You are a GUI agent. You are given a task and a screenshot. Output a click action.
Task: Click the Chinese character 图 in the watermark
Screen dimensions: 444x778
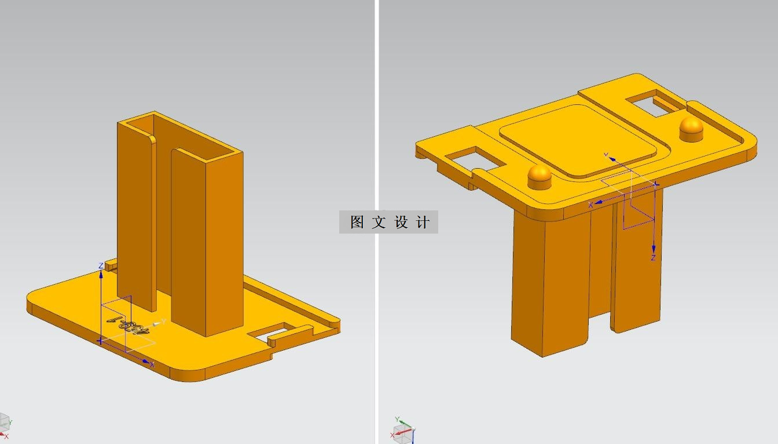357,222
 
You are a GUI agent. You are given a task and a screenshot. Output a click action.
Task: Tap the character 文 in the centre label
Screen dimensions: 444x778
379,222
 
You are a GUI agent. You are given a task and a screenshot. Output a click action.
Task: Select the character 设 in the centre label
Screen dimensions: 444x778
401,222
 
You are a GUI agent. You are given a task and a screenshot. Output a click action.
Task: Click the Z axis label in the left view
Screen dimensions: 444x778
101,266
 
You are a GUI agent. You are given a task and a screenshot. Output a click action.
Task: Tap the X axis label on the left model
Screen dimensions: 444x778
152,365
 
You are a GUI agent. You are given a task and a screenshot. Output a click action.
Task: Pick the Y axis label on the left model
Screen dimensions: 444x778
164,321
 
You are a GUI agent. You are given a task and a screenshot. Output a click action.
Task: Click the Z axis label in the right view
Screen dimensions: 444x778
653,258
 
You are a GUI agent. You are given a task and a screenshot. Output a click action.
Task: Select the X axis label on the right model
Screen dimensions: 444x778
590,205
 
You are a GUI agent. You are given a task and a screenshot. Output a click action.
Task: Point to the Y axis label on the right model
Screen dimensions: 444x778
606,155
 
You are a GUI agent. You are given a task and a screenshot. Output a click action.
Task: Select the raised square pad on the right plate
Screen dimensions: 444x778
578,140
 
